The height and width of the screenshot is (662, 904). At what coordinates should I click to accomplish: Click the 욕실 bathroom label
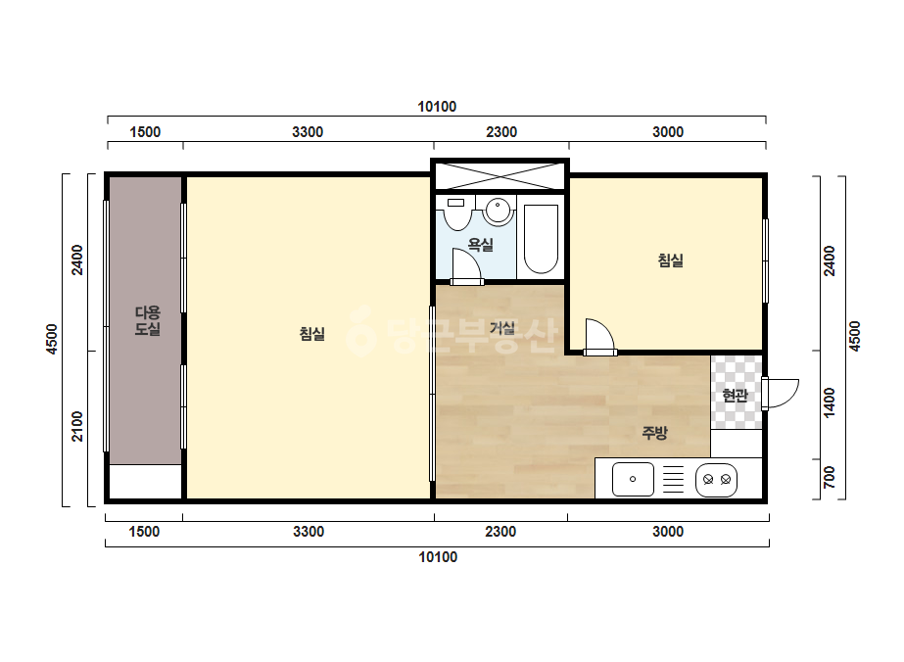coord(480,245)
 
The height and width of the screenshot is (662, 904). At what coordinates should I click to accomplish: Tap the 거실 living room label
coord(502,328)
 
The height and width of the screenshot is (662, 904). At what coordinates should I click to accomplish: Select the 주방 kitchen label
coord(654,433)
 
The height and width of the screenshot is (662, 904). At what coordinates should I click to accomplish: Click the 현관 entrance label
coord(736,395)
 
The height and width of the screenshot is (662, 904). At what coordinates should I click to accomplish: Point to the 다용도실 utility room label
coord(148,320)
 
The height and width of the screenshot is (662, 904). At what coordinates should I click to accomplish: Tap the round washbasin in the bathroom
coord(498,212)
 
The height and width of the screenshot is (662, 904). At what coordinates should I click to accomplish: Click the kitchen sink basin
coord(633,479)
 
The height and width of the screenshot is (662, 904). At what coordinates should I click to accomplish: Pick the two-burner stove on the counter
coord(717,479)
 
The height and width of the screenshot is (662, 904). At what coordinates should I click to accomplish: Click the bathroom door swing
coord(467,266)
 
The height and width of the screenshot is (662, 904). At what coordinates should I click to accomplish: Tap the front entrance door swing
coord(780,394)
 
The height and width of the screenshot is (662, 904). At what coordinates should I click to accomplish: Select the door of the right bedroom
coord(599,337)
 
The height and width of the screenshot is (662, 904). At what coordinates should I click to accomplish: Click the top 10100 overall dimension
coord(437,107)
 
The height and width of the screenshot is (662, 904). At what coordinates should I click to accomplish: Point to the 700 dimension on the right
coord(829,478)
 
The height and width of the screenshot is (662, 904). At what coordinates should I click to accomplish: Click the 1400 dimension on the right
coord(829,402)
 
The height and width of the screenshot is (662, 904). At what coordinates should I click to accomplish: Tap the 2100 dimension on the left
coord(77,427)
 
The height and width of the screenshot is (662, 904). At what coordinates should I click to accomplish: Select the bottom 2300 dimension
coord(500,531)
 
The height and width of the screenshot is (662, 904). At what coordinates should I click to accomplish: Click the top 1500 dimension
coord(145,132)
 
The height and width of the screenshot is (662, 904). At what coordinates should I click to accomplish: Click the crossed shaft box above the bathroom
coord(500,175)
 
